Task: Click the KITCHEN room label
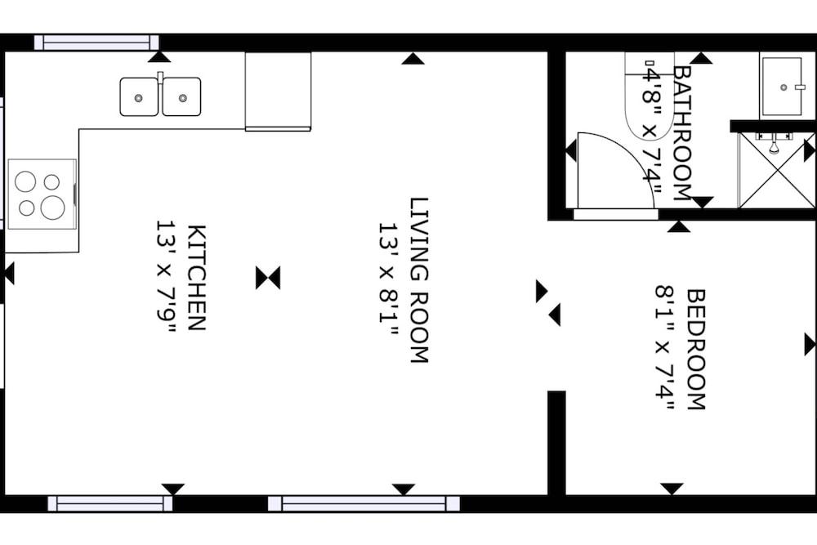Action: (197, 277)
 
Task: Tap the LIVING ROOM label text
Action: (419, 279)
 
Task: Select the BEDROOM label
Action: (695, 348)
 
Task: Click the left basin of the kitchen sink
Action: (139, 97)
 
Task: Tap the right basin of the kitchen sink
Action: (181, 97)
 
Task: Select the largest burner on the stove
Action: (53, 208)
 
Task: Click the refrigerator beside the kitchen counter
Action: (278, 91)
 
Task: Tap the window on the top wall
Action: (96, 42)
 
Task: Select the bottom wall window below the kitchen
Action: (110, 503)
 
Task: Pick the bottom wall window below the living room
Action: (364, 503)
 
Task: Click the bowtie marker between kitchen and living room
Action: (268, 278)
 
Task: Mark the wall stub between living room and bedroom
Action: (556, 442)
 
